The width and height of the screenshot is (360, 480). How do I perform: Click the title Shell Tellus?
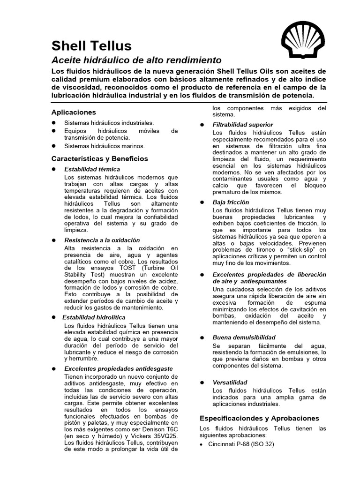pos(91,45)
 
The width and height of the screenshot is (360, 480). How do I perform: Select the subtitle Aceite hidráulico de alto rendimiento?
pos(136,60)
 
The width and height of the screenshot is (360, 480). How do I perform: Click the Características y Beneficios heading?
pos(99,158)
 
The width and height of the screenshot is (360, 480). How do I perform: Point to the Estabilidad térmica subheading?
pos(92,169)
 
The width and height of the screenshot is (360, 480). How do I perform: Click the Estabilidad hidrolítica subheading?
pos(94,317)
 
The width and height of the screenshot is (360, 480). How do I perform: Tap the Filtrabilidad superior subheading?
pos(242,125)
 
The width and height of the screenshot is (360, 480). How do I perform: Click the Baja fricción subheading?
pos(231,202)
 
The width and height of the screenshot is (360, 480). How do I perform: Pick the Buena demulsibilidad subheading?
pos(244,337)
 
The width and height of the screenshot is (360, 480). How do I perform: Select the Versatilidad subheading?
pos(230,382)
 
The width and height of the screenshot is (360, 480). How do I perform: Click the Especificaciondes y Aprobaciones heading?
pos(259,418)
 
